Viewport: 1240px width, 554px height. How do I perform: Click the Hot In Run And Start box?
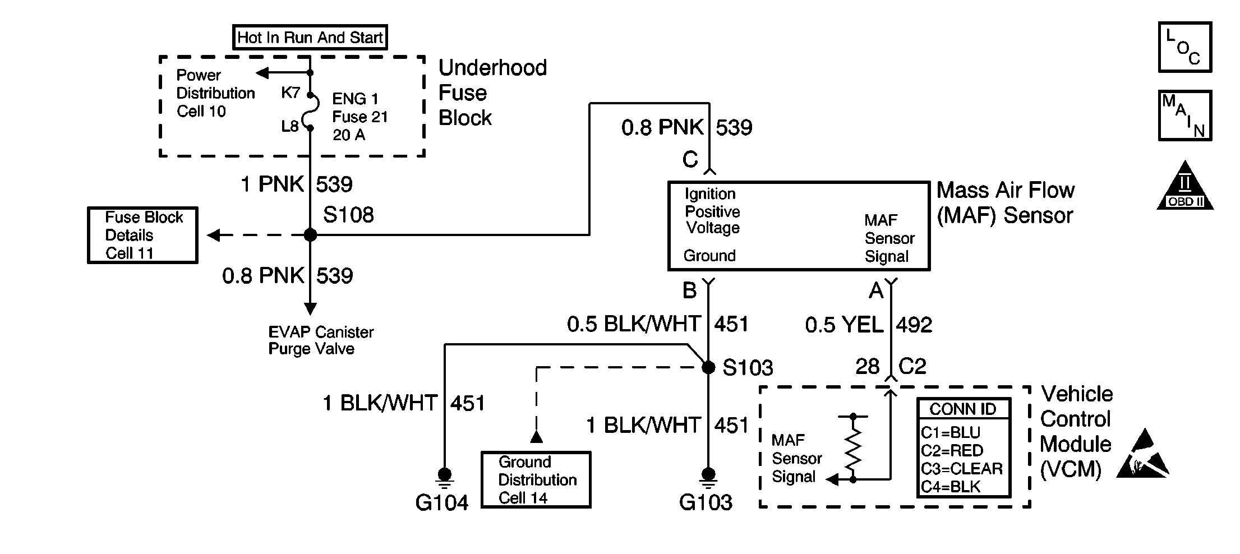(x=310, y=38)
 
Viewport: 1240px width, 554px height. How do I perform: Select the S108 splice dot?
(x=310, y=235)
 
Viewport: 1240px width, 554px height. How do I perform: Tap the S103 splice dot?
(x=708, y=367)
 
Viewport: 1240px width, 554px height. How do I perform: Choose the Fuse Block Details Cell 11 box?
(x=142, y=235)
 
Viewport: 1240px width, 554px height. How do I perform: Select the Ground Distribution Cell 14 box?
(x=536, y=479)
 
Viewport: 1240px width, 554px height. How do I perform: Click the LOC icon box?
(x=1185, y=47)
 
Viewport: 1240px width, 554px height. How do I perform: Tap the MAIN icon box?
(x=1185, y=116)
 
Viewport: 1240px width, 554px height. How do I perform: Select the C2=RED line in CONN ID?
(x=952, y=451)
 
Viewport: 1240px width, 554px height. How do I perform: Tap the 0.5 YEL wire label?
(x=844, y=325)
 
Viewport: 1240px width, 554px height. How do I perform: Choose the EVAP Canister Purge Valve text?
(x=320, y=340)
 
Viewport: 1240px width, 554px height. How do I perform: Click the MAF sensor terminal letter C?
(x=690, y=160)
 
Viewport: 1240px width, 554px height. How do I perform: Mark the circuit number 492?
(x=914, y=325)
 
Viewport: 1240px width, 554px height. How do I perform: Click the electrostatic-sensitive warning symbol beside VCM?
(x=1142, y=454)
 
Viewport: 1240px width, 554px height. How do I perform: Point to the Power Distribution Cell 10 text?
(x=215, y=93)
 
